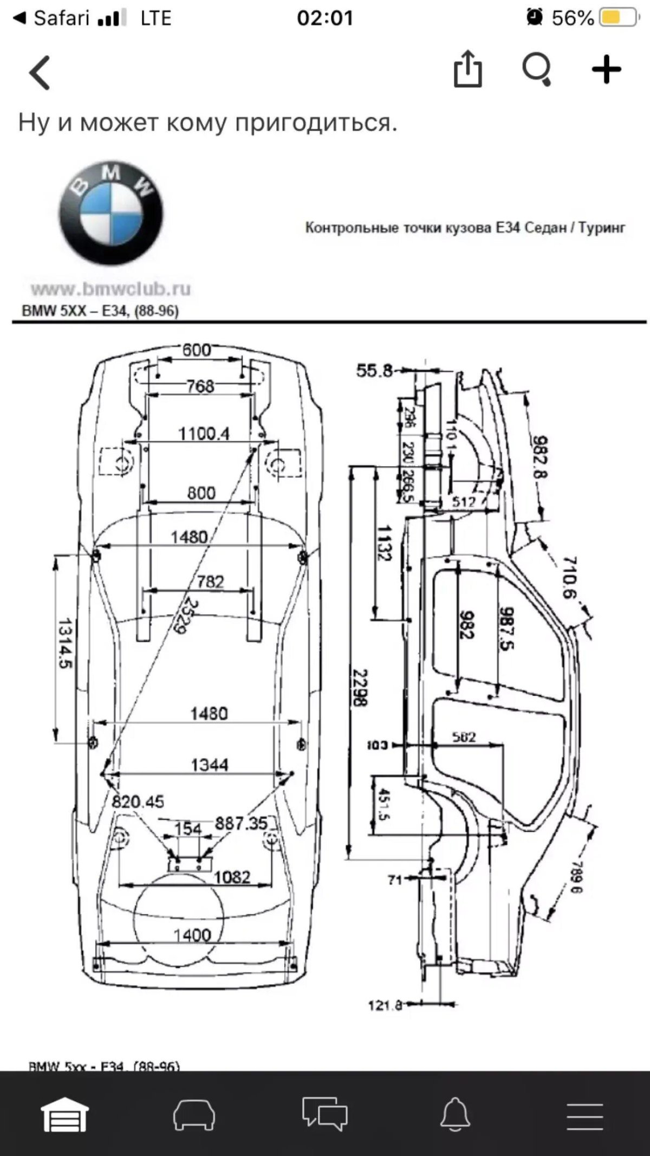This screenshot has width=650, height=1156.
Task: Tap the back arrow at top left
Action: click(x=40, y=72)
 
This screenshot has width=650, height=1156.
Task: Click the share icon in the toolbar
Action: click(x=467, y=69)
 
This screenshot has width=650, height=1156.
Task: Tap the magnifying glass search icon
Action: click(x=536, y=70)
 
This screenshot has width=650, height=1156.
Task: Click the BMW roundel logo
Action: click(x=111, y=212)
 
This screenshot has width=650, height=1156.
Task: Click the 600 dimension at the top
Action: click(x=196, y=350)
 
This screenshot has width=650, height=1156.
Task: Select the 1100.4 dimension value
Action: click(x=204, y=434)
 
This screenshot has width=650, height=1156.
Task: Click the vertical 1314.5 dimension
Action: click(x=65, y=643)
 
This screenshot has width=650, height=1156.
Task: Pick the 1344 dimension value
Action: click(x=210, y=765)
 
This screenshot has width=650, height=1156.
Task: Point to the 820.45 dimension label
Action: click(x=138, y=802)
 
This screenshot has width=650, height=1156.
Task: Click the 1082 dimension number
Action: click(x=232, y=876)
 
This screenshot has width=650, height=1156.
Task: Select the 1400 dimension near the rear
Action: click(x=192, y=935)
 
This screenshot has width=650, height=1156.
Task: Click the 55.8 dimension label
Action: click(x=374, y=371)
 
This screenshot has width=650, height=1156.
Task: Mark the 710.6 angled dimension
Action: click(x=569, y=577)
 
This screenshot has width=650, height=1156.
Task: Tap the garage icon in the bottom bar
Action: click(x=65, y=1114)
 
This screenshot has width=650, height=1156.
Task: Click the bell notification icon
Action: click(x=455, y=1114)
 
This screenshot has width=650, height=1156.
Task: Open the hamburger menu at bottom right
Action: click(x=585, y=1115)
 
